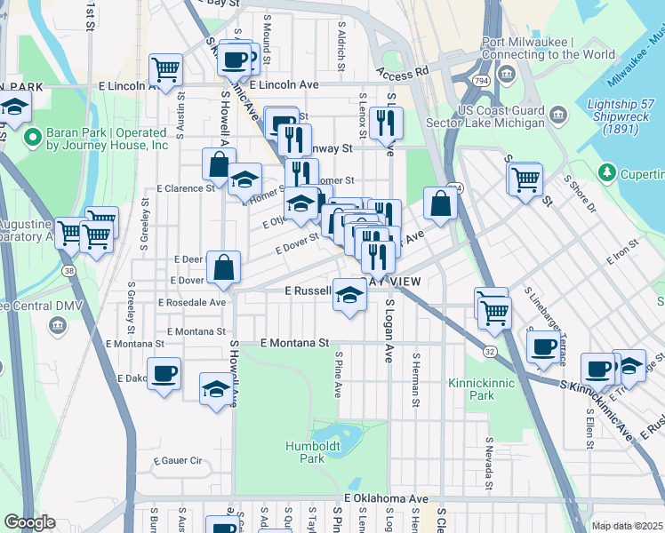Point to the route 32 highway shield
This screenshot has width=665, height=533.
pyautogui.click(x=490, y=352)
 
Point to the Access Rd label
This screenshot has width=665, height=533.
pyautogui.click(x=402, y=70)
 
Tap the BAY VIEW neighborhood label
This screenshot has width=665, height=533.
pyautogui.click(x=389, y=282)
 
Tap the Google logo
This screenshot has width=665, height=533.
pyautogui.click(x=28, y=522)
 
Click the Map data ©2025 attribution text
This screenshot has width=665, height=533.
pyautogui.click(x=627, y=526)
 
